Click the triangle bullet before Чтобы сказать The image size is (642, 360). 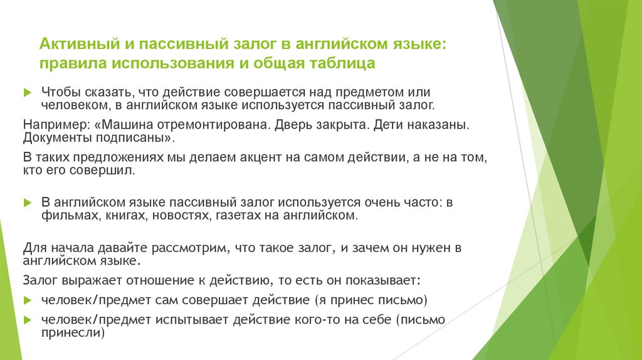pos(26,92)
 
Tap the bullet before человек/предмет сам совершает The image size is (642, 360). pos(26,299)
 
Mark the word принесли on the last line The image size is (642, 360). pos(72,334)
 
